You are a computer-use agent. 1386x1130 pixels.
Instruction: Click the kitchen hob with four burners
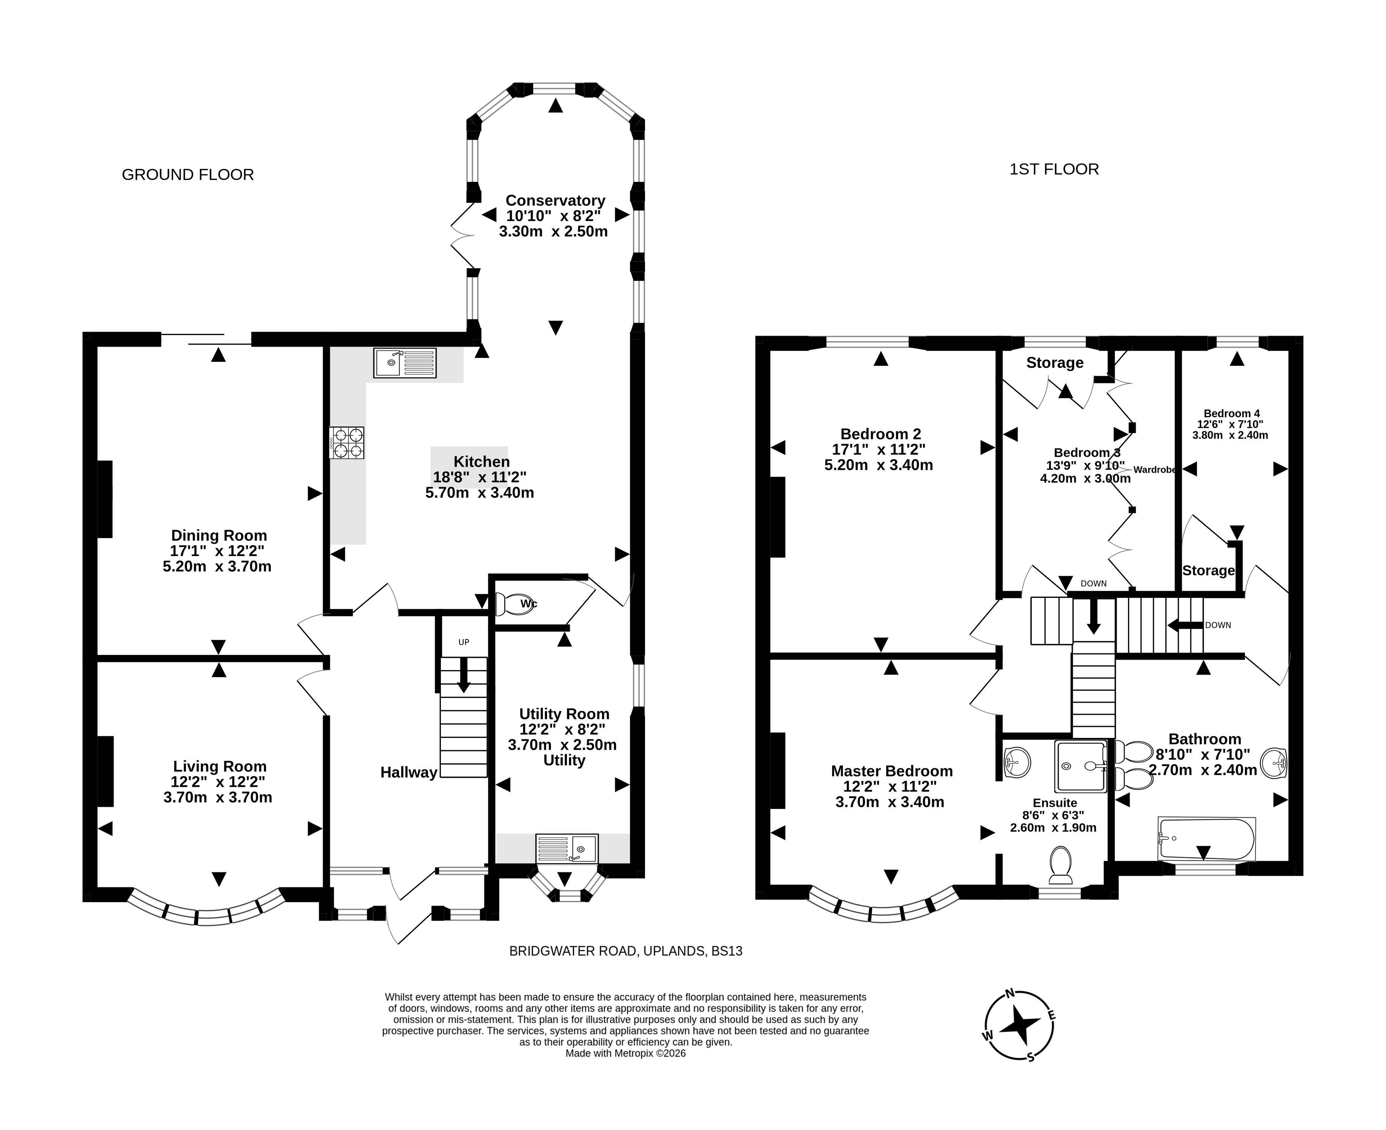point(347,443)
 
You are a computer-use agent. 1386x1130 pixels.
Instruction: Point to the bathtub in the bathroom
point(1206,839)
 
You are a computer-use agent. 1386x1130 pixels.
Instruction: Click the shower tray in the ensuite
point(1081,766)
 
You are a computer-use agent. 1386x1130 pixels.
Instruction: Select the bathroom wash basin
point(1275,763)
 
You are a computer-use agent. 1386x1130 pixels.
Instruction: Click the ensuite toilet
point(1061,865)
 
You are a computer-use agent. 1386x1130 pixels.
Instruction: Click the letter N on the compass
point(1010,993)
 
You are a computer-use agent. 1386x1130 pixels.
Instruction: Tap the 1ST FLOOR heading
point(1054,169)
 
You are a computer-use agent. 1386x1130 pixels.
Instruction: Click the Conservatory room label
point(555,200)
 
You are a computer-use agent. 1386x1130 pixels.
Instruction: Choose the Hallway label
point(409,772)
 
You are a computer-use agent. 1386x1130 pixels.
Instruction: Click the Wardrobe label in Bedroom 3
point(1155,469)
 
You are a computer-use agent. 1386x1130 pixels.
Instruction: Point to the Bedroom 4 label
point(1232,413)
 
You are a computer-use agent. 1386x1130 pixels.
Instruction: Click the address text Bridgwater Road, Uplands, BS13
point(626,951)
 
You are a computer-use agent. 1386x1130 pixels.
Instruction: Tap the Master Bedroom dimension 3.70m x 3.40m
point(890,802)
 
